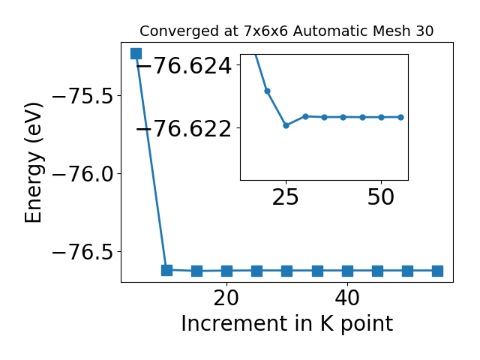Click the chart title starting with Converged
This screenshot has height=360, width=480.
pos(286,31)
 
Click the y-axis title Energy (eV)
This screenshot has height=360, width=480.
pos(33,163)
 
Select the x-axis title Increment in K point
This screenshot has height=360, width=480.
pos(286,324)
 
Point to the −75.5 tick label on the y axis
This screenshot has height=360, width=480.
pos(82,96)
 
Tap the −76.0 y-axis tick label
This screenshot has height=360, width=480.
pos(82,174)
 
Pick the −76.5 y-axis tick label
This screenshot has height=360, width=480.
pos(82,252)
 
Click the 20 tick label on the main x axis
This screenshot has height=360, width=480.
pos(226,298)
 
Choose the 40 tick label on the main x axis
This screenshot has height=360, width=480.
pos(347,298)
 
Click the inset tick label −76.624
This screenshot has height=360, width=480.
pos(184,65)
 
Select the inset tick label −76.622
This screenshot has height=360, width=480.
pos(184,128)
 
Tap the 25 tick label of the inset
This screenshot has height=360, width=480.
pos(285,197)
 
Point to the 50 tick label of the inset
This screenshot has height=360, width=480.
pos(381,197)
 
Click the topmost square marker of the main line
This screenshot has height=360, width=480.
pos(136,53)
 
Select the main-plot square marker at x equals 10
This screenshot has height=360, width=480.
pos(166,270)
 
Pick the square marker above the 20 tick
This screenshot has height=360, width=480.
pos(226,271)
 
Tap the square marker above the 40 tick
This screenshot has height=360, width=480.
pos(347,271)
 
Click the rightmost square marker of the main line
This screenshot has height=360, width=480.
pos(437,271)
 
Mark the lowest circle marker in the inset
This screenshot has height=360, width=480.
pos(286,125)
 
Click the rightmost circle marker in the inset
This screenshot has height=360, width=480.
pos(400,117)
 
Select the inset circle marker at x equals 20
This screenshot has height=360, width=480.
pos(267,91)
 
